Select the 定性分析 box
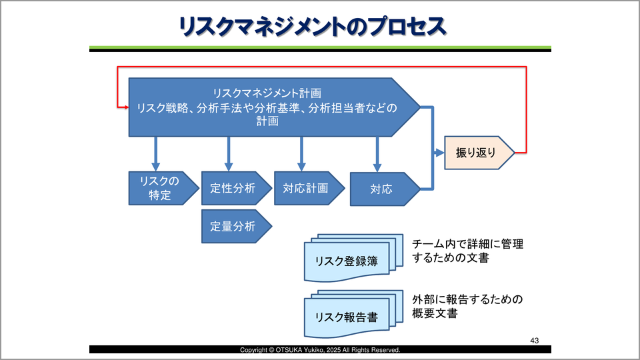pyautogui.click(x=233, y=188)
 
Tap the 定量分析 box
pyautogui.click(x=233, y=226)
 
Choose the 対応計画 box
pyautogui.click(x=306, y=188)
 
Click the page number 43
pyautogui.click(x=534, y=340)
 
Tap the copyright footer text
pyautogui.click(x=320, y=349)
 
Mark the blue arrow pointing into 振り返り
pyautogui.click(x=438, y=153)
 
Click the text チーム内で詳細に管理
pyautogui.click(x=468, y=244)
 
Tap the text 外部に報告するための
pyautogui.click(x=468, y=299)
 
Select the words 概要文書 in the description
pyautogui.click(x=435, y=313)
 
